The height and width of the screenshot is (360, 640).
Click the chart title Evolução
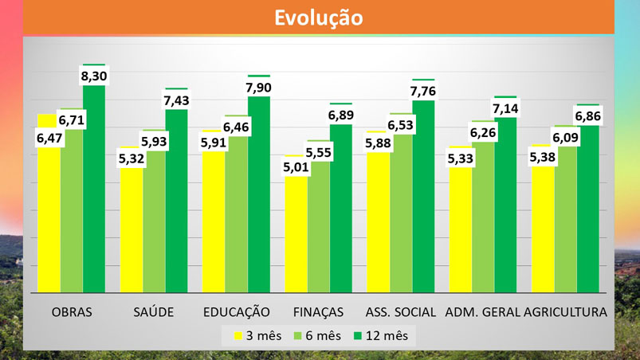click(x=319, y=18)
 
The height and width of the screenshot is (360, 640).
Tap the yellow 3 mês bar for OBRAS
click(x=49, y=223)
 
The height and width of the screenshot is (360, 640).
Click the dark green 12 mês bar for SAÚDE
click(x=176, y=207)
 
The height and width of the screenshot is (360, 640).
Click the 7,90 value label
click(x=259, y=87)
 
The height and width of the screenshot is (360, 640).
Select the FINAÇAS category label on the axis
click(x=318, y=311)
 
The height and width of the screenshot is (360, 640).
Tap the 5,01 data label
click(x=296, y=167)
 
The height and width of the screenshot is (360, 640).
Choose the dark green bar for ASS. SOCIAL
click(x=423, y=199)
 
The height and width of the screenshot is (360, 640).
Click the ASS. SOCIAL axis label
click(x=400, y=311)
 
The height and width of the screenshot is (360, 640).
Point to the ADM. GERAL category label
click(x=482, y=311)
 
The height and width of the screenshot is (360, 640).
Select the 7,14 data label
click(x=505, y=108)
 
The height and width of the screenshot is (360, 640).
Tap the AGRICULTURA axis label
click(x=566, y=311)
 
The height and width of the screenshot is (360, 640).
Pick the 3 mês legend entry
click(x=257, y=335)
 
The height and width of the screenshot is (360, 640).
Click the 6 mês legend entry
click(x=319, y=335)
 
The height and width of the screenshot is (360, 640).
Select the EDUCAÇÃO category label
click(x=236, y=311)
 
